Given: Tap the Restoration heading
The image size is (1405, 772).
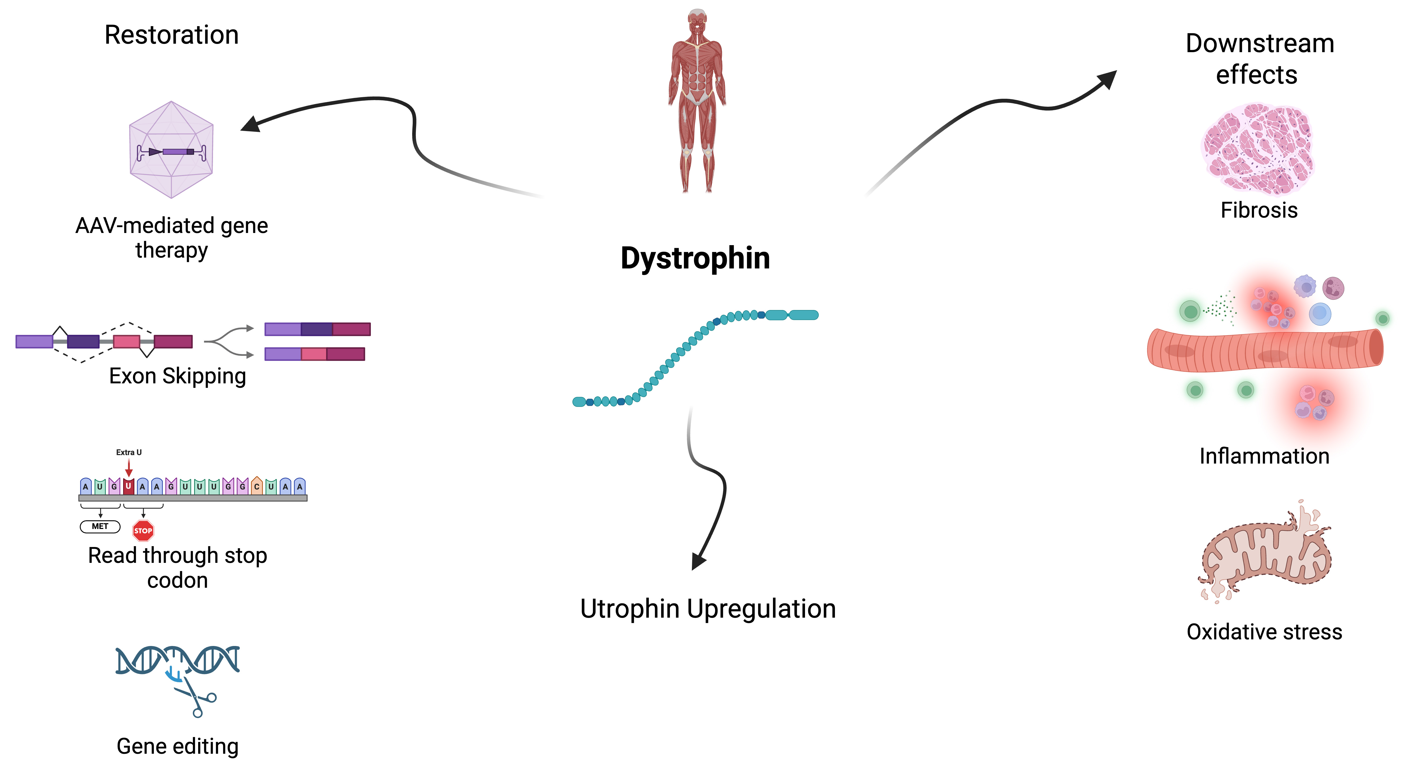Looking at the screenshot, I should tap(171, 35).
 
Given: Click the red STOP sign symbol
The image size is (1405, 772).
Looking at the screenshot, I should tap(143, 531).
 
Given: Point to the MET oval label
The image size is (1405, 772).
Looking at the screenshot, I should tap(100, 526).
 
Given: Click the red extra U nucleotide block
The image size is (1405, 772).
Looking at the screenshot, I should tap(128, 486).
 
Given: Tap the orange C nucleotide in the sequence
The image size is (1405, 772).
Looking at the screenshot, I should tap(256, 486).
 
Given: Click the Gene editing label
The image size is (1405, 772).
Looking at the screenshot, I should tap(177, 746).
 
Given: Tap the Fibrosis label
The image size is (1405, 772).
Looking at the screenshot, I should tap(1259, 210).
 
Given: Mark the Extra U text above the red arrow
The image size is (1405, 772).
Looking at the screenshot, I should tap(129, 452).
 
